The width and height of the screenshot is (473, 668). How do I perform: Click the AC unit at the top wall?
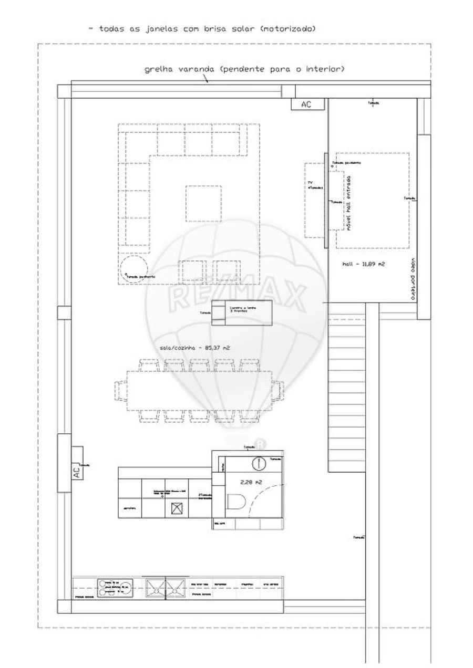point(306,105)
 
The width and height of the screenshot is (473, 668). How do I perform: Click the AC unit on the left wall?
point(77,471)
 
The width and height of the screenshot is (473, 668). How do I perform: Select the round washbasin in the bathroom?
point(259,463)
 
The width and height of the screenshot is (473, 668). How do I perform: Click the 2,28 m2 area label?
point(251,481)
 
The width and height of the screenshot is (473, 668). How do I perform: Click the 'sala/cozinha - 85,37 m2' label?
point(195,348)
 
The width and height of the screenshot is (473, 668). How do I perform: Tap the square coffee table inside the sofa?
point(203,203)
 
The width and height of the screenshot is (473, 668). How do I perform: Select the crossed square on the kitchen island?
point(177,508)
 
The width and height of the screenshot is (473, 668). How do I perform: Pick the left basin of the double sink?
point(155,588)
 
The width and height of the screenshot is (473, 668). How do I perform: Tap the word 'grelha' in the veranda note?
point(156,69)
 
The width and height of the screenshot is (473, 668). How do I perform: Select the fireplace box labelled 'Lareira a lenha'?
point(242,312)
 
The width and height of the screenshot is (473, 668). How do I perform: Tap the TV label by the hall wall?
point(311,183)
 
